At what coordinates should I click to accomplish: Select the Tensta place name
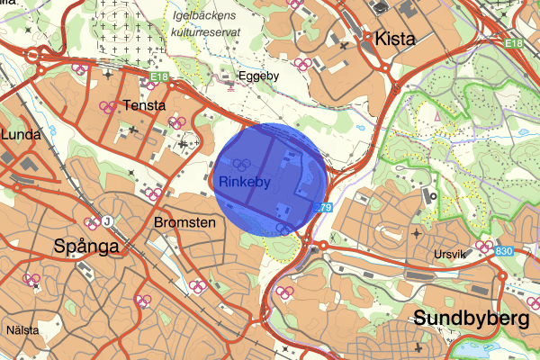(145, 105)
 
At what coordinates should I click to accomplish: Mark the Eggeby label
(259, 76)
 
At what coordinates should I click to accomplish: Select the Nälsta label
(22, 330)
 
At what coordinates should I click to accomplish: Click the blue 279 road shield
(325, 209)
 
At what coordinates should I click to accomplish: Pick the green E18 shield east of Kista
(514, 42)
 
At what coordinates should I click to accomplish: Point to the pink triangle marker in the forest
(436, 116)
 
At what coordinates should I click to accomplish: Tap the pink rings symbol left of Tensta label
(108, 107)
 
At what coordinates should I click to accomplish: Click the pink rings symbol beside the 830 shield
(485, 246)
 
